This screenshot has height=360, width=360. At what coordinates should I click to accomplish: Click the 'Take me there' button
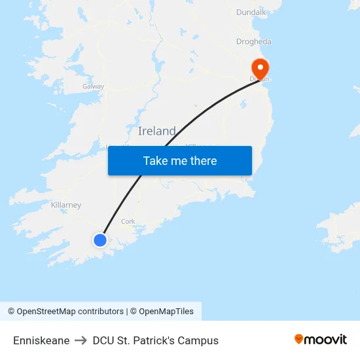tap(180, 161)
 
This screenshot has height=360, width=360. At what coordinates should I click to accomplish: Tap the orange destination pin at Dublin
tap(260, 69)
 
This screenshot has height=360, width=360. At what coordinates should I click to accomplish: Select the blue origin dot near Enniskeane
tap(99, 240)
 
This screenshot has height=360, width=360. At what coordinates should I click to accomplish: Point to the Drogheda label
tap(253, 42)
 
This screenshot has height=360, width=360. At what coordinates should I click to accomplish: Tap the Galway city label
tap(93, 86)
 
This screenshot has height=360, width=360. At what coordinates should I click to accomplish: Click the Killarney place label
tap(66, 205)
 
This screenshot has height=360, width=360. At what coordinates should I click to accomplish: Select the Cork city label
tap(128, 221)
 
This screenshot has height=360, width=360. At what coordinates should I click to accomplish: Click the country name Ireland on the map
tap(157, 131)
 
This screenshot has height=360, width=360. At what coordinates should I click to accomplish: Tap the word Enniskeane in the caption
tap(41, 340)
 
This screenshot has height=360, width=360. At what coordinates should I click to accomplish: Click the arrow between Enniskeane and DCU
tap(81, 340)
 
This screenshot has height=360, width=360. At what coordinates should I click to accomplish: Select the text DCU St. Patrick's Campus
tap(156, 340)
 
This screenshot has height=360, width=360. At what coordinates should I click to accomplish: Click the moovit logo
tap(320, 339)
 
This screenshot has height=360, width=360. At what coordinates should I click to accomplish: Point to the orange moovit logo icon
tap(299, 339)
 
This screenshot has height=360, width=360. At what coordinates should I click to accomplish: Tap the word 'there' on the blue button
tap(203, 161)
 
